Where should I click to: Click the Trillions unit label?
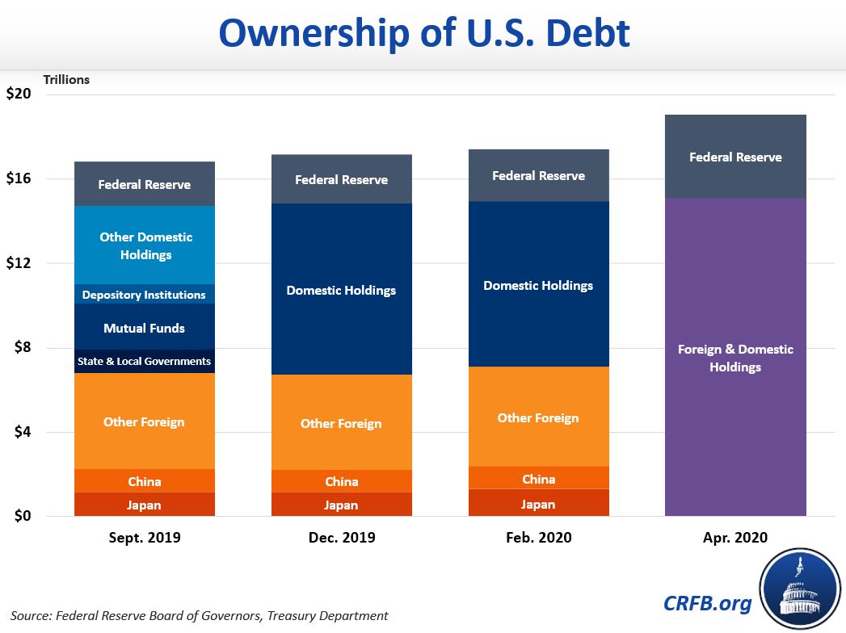click(x=66, y=80)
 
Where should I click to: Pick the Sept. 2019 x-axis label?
click(x=145, y=538)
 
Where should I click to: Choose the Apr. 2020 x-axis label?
click(x=735, y=538)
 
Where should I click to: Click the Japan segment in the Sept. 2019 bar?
click(x=145, y=505)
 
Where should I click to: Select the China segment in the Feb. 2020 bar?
click(x=538, y=479)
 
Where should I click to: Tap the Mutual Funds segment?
click(x=145, y=328)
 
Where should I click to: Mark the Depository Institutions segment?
click(x=145, y=295)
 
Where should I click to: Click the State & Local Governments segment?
click(x=145, y=361)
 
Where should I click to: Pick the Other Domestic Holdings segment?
click(x=145, y=245)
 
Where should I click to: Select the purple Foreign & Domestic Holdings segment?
click(x=735, y=358)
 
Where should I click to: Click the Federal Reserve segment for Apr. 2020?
click(x=735, y=157)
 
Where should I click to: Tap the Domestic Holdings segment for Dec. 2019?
click(x=341, y=290)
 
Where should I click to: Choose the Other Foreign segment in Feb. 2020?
click(x=538, y=417)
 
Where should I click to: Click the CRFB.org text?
click(x=708, y=602)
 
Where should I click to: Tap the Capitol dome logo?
click(x=801, y=589)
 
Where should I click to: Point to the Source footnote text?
click(x=200, y=615)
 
